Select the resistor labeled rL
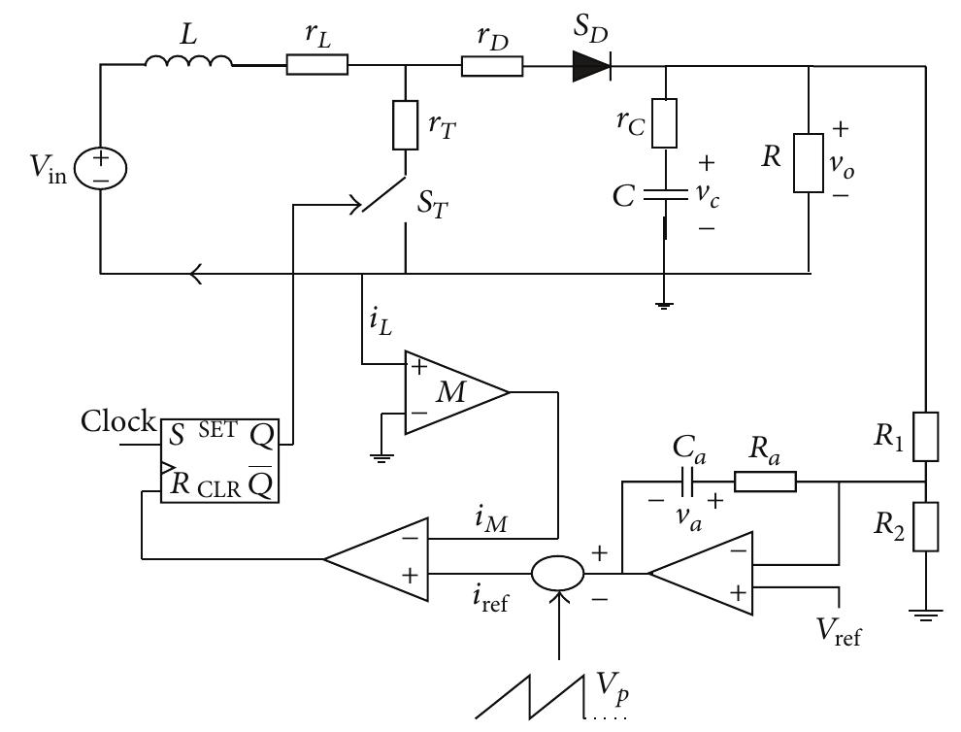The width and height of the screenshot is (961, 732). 317,65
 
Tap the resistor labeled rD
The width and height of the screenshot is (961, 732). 492,65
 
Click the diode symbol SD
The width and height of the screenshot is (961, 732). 591,65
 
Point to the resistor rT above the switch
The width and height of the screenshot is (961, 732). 405,125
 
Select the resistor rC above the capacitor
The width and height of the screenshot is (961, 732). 664,121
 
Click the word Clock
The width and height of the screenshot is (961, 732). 117,422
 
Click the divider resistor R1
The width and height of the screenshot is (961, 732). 928,436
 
